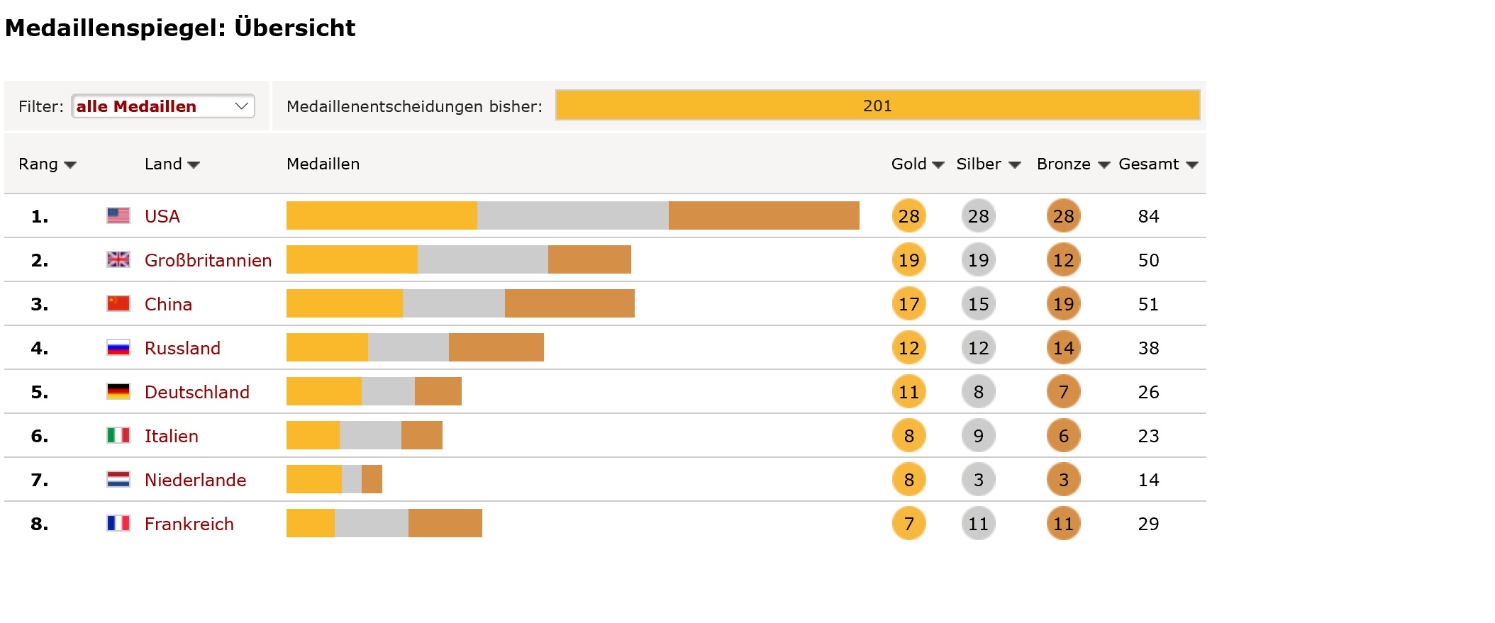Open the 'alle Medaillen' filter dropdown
click(162, 106)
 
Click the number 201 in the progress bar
click(877, 106)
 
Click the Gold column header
click(917, 164)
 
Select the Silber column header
click(988, 164)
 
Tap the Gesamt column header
click(1157, 164)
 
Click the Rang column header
click(47, 164)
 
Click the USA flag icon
click(118, 215)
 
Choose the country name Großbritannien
click(208, 260)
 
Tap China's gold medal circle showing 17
click(908, 304)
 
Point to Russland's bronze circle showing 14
click(1063, 348)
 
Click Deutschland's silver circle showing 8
click(978, 392)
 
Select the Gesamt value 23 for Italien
click(1148, 436)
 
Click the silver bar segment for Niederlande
click(351, 479)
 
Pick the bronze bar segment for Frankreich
click(445, 523)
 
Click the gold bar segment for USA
click(382, 215)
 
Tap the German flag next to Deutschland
click(118, 391)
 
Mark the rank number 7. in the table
click(40, 480)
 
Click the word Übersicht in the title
click(294, 28)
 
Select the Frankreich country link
click(189, 524)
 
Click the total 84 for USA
click(1148, 216)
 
